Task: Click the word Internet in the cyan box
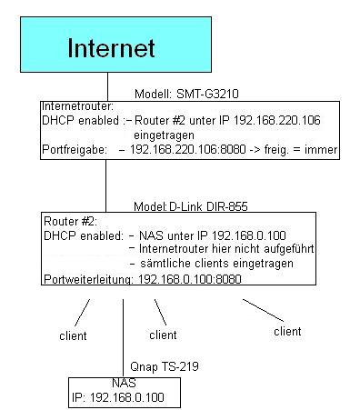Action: pos(111,48)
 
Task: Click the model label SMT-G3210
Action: pos(207,94)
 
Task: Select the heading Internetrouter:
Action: pos(77,106)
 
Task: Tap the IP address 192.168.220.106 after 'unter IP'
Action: pos(277,120)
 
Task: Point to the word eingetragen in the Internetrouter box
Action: pos(164,135)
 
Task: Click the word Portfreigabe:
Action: pos(75,150)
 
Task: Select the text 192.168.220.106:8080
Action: pos(188,149)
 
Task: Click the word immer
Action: pos(321,149)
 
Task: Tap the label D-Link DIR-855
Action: pos(208,206)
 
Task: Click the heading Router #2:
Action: pos(71,221)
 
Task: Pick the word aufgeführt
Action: pos(289,249)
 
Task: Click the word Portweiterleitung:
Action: pos(88,279)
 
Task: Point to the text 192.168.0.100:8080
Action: pos(190,279)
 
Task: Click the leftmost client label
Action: pos(73,335)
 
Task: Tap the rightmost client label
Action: pos(287,331)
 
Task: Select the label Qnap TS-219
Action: pos(165,366)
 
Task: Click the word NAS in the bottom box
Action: pos(124,383)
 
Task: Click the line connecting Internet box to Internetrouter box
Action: pos(107,86)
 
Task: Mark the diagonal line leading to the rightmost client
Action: pos(263,310)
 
